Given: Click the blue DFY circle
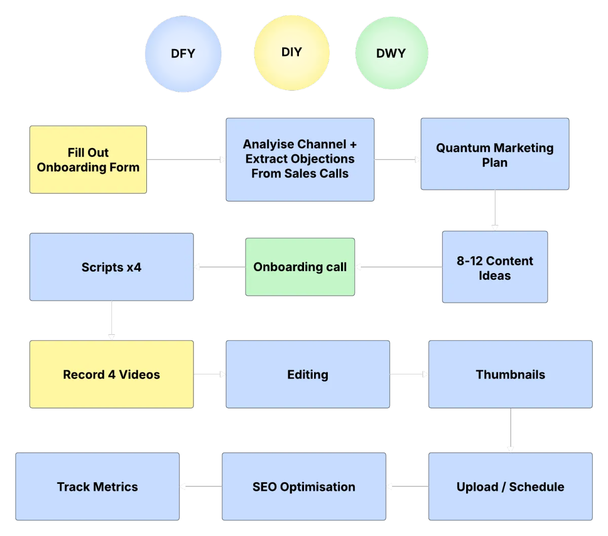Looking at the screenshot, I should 183,54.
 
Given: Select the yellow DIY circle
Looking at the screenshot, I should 291,52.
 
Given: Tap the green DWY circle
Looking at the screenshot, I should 391,53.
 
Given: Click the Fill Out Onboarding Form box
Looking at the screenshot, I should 88,160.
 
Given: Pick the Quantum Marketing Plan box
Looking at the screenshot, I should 495,155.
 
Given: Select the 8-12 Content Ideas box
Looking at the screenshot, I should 495,267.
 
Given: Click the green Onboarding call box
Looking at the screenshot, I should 300,267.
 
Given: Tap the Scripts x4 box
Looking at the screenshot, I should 111,267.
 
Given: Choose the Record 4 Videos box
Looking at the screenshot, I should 111,374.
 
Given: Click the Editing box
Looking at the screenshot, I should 308,374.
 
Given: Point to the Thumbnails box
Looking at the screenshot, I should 510,374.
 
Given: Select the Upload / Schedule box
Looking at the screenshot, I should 510,487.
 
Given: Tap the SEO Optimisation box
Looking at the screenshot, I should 303,487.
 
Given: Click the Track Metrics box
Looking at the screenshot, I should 97,487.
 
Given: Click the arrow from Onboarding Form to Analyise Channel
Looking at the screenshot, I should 186,160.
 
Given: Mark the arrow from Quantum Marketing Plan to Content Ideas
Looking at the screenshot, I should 495,210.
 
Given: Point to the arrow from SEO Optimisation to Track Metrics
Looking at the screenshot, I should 201,487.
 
